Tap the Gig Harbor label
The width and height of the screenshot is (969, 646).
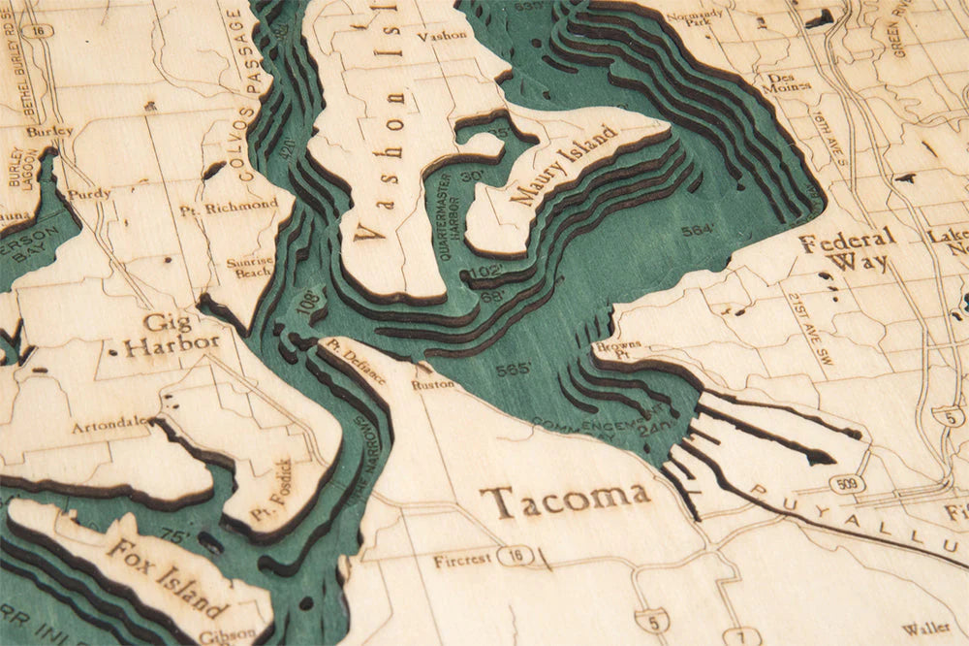pos(170,334)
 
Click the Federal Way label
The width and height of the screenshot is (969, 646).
pos(847,250)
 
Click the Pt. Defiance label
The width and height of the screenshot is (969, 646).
pos(357,361)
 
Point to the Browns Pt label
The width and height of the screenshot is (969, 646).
pos(611,350)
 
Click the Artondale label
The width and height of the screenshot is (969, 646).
pos(109,424)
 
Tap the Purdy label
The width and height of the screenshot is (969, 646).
pos(88,194)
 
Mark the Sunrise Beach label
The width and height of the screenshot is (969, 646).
pos(250,267)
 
